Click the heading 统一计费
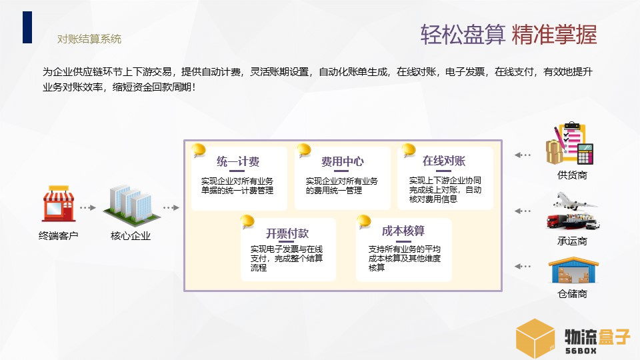point(238,161)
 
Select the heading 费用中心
point(343,161)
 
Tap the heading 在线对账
point(444,161)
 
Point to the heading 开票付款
point(287,233)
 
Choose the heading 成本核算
point(403,231)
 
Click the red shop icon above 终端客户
point(59,203)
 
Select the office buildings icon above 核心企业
point(131,205)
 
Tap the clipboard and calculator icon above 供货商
point(569,143)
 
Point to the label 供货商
point(572,175)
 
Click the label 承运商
point(572,241)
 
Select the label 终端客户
point(59,236)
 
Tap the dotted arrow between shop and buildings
point(88,208)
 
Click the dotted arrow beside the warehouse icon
point(523,267)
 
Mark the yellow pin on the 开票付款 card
point(247,221)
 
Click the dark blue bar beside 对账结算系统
point(27,27)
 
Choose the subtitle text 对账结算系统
point(89,39)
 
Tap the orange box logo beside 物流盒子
point(535,339)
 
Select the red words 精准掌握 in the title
point(554,34)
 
